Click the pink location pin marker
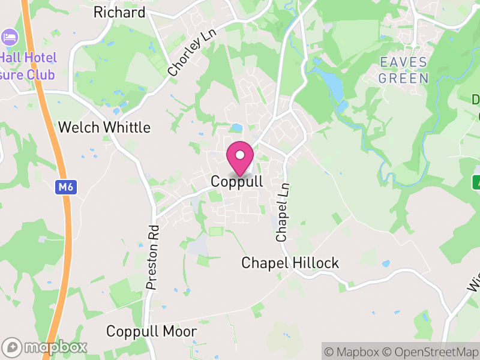[240, 157]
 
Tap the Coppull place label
[237, 181]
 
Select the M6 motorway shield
[65, 188]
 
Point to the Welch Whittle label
[104, 127]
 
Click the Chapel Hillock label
[290, 263]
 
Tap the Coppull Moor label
[151, 331]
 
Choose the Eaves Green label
[403, 70]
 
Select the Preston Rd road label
[152, 250]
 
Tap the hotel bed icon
[10, 37]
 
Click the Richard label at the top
[119, 12]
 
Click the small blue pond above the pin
[236, 128]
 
